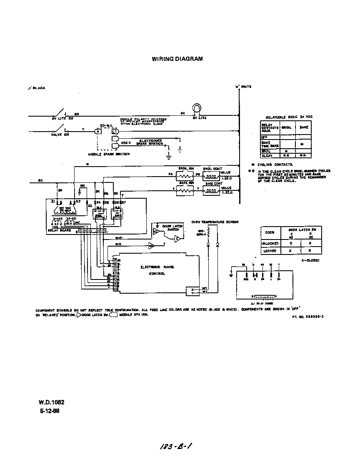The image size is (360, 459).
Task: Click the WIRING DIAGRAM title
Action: pyautogui.click(x=177, y=59)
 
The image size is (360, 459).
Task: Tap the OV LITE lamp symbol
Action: pyautogui.click(x=196, y=109)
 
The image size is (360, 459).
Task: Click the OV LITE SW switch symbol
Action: pyautogui.click(x=61, y=113)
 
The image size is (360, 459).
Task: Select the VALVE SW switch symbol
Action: pyautogui.click(x=61, y=130)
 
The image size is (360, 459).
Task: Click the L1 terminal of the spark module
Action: pyautogui.click(x=115, y=132)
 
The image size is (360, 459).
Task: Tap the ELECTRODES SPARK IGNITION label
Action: pyautogui.click(x=150, y=142)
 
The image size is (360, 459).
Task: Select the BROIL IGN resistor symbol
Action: pyautogui.click(x=185, y=176)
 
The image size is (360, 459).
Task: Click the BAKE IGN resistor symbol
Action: pyautogui.click(x=185, y=190)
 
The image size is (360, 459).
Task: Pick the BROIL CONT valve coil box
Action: pyautogui.click(x=213, y=176)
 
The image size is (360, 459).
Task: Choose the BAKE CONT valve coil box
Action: pyautogui.click(x=213, y=190)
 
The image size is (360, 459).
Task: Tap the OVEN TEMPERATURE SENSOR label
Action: pyautogui.click(x=215, y=222)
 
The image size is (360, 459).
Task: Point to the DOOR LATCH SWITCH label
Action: pyautogui.click(x=172, y=228)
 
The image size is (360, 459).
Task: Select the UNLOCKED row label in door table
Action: pyautogui.click(x=267, y=244)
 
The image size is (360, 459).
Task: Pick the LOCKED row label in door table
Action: pyautogui.click(x=267, y=251)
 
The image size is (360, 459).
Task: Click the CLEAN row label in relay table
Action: pyautogui.click(x=267, y=155)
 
